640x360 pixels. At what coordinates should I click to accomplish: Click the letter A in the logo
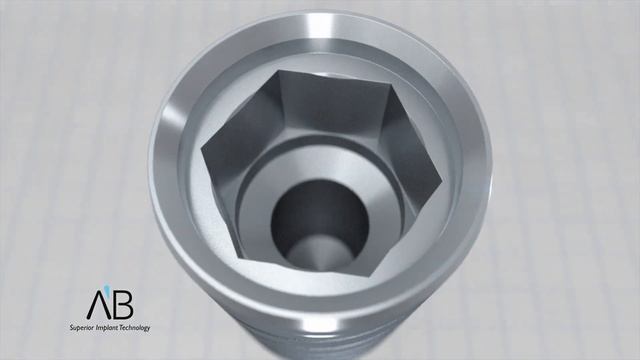(96, 304)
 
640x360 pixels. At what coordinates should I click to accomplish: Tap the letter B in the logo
(123, 304)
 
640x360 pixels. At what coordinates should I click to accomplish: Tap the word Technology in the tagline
(134, 328)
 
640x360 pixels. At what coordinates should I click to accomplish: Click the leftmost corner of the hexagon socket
(202, 149)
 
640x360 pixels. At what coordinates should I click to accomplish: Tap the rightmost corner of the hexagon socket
(443, 184)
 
